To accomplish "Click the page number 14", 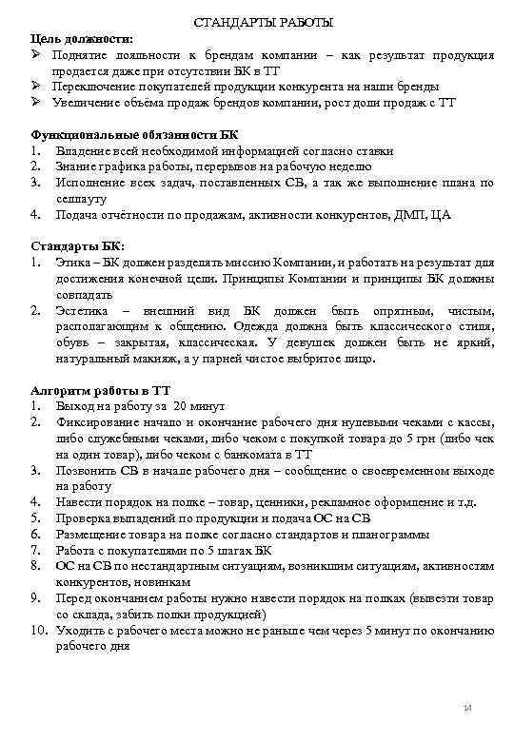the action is (466, 708).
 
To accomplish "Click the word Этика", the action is (74, 263).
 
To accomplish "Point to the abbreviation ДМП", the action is (405, 214).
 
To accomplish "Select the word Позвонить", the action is (87, 470).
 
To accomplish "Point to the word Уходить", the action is (80, 630).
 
